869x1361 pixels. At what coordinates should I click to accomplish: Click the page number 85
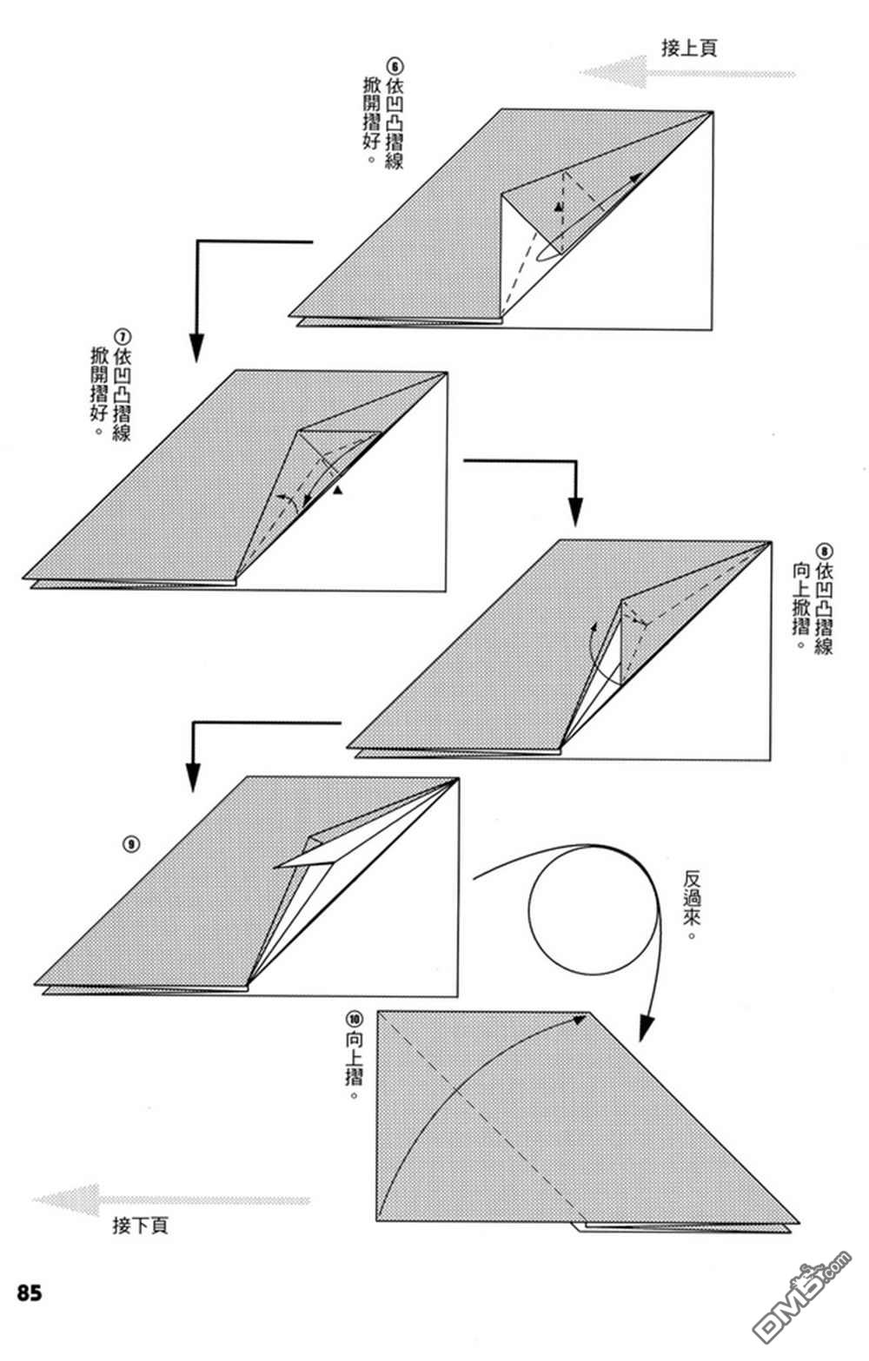tap(30, 1292)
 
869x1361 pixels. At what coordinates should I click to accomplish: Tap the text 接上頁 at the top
tap(689, 48)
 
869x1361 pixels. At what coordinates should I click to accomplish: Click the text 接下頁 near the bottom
tap(140, 1225)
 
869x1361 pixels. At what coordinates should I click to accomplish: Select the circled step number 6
tap(395, 66)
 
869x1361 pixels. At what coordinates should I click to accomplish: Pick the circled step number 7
tap(123, 336)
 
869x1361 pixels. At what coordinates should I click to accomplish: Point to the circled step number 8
tap(824, 551)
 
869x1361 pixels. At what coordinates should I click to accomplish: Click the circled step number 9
tap(132, 844)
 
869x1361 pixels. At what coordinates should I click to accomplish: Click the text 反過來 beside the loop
tap(692, 905)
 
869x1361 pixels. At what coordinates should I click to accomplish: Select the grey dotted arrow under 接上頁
tap(687, 73)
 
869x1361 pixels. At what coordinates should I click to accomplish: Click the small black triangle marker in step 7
tap(337, 490)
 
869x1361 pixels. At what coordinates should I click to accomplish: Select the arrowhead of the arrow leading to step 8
tap(575, 512)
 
